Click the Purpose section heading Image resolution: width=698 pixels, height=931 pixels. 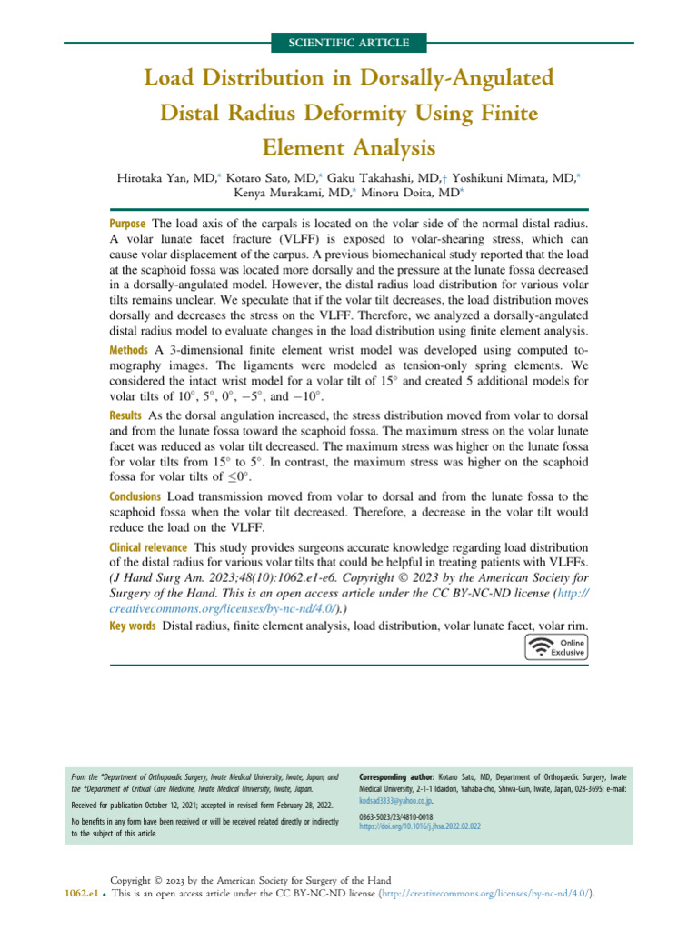(128, 224)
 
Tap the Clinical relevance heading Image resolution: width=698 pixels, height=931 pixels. (149, 547)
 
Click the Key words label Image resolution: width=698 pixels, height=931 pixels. (132, 627)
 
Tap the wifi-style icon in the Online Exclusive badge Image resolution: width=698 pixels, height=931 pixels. (543, 647)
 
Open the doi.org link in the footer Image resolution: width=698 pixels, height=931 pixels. (420, 826)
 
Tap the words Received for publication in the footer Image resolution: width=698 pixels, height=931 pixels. (110, 806)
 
